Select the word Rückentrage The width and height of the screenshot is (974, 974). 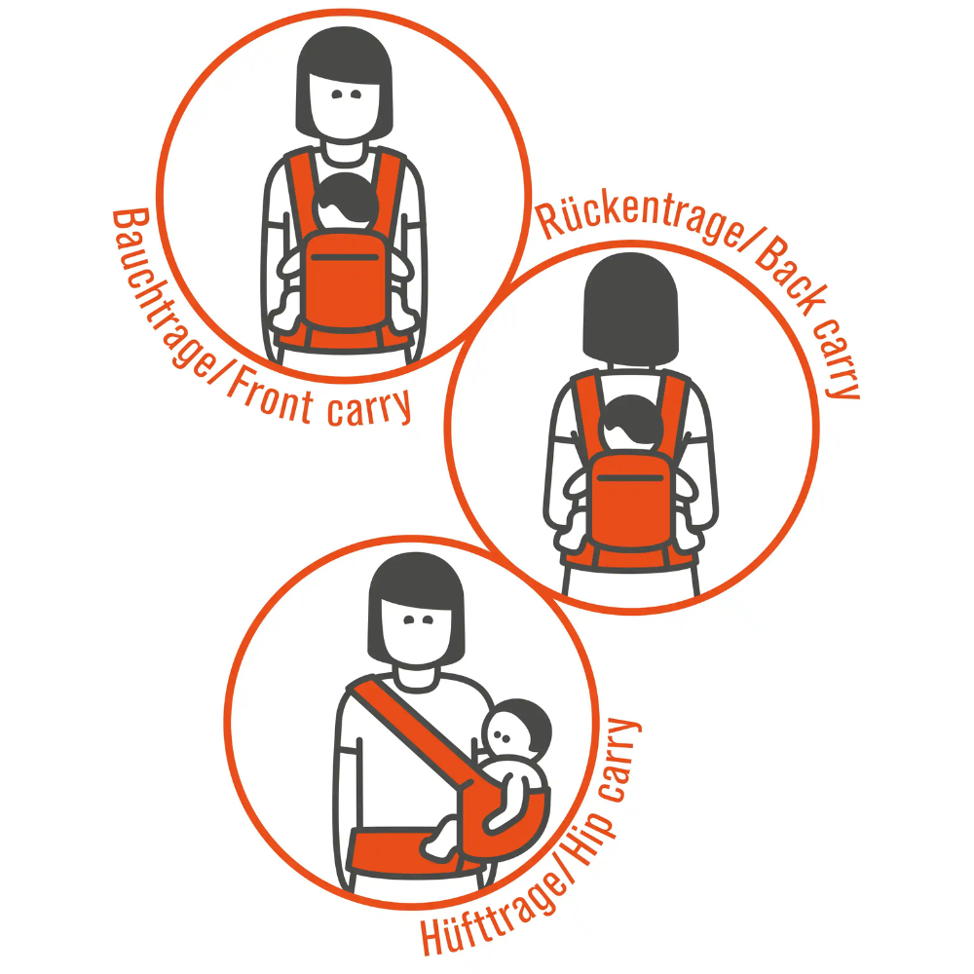click(640, 217)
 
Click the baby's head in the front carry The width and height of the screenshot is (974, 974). click(346, 202)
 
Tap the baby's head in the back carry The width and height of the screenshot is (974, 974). click(631, 423)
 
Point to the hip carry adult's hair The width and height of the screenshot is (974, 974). click(416, 603)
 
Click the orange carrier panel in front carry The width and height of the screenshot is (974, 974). click(346, 280)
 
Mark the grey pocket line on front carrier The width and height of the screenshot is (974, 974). click(346, 256)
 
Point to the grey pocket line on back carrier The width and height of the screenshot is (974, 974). click(630, 477)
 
